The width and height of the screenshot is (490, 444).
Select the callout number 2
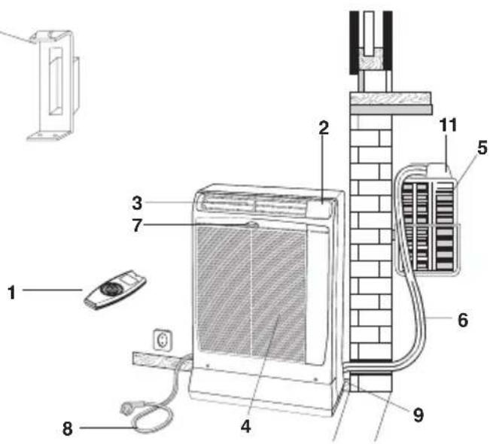click(x=323, y=127)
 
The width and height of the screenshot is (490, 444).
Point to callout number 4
click(x=245, y=426)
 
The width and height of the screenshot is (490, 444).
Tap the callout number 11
click(x=450, y=126)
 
